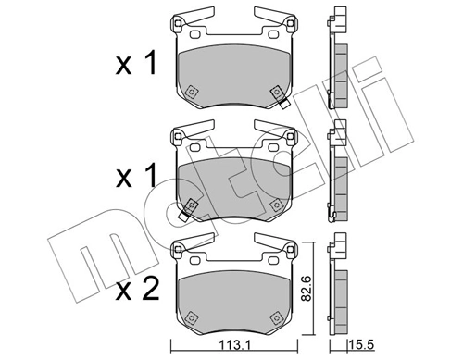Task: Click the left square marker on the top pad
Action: tap(192, 93)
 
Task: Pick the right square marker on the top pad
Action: tap(275, 93)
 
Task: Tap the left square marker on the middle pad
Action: tap(192, 205)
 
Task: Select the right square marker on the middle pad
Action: tap(275, 205)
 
